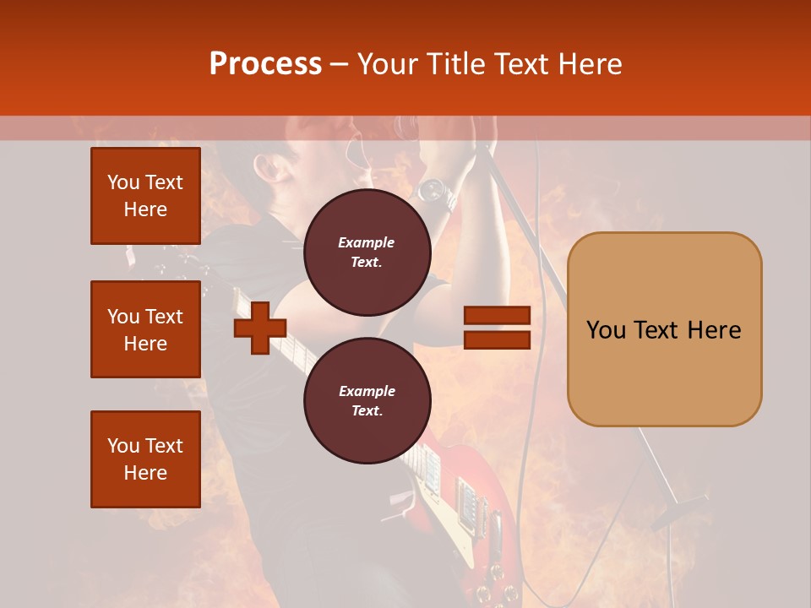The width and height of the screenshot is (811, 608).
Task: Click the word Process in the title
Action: click(x=265, y=64)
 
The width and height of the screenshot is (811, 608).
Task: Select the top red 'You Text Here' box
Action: click(x=145, y=196)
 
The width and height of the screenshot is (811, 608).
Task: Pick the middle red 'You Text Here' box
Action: click(x=145, y=329)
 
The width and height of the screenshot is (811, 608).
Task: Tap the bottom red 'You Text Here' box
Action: click(x=145, y=459)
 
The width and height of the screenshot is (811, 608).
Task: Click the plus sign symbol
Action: click(x=260, y=328)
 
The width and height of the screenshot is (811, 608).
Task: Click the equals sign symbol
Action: click(x=497, y=328)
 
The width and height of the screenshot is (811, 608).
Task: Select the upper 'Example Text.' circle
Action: click(x=367, y=252)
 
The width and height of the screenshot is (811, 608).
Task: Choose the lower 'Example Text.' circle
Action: click(x=367, y=401)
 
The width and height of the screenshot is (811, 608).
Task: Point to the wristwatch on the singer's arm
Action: click(x=432, y=191)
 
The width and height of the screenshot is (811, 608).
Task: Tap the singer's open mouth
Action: click(x=366, y=155)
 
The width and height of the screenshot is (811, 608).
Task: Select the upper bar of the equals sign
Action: click(x=497, y=316)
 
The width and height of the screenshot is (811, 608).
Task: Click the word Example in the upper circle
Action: click(x=367, y=242)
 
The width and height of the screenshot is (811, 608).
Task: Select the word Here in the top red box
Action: click(x=145, y=209)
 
